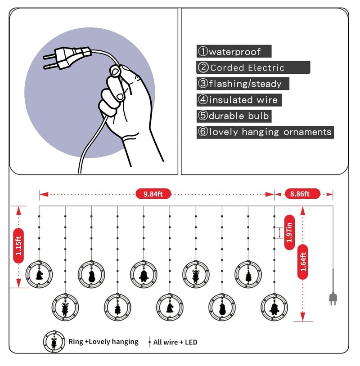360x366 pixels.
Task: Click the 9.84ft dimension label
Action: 153,194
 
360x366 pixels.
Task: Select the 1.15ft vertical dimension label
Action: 18,245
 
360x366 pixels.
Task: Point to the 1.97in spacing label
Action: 289,232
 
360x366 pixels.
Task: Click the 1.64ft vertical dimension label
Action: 303,262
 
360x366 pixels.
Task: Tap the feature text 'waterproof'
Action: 235,52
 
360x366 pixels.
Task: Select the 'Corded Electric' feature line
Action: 247,68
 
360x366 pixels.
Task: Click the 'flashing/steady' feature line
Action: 245,84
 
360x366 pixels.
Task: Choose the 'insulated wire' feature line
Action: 243,100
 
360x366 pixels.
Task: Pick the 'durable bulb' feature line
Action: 239,116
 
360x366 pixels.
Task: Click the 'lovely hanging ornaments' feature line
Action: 270,132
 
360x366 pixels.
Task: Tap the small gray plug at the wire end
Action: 333,298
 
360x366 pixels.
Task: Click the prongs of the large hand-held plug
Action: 50,62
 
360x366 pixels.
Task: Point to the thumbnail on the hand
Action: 115,71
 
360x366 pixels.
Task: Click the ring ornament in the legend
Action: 54,341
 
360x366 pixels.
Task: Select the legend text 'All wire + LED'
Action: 175,342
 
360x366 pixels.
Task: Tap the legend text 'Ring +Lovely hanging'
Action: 103,342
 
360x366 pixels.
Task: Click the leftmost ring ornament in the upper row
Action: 39,274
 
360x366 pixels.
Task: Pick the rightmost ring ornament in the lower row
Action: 274,307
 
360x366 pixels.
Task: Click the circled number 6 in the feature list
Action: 203,132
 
